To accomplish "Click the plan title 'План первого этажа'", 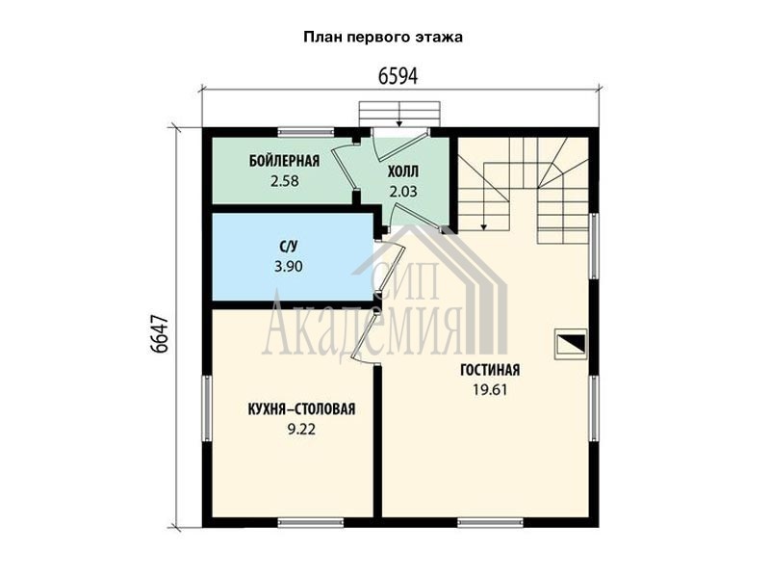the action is pos(383,38).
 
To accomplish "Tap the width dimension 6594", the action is pos(398,76).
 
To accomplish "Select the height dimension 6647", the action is pos(160,333).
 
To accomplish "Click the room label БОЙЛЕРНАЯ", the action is pos(284,161).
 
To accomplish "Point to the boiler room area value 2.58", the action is pos(284,181).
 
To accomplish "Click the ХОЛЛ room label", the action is pos(403,171).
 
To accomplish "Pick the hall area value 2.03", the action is pos(403,191).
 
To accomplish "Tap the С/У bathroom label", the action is pos(288,247).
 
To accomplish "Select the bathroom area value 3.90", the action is pos(288,267).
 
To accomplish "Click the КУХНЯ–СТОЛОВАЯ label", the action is pos(301,408).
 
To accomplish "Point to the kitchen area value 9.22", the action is pos(301,430).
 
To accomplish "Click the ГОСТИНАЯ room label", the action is pos(490,370).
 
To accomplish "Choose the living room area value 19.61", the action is pos(490,390).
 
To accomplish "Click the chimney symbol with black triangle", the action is pos(571,344).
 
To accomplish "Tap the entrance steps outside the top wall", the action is pos(399,114).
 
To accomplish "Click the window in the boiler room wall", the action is pos(306,132).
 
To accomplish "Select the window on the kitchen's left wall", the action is pos(207,407).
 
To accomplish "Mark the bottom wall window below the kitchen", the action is pos(311,522).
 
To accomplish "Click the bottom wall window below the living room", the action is pos(491,522).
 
